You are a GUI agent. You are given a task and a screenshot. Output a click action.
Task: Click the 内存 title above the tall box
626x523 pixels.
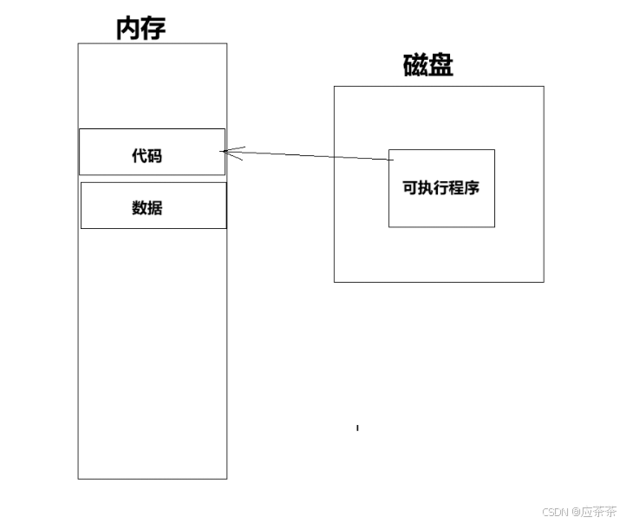(140, 28)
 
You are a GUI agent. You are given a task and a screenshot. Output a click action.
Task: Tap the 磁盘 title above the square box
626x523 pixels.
(427, 66)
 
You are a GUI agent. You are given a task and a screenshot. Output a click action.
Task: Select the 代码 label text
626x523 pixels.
(147, 156)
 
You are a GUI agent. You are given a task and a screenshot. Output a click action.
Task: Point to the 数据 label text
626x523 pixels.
(147, 207)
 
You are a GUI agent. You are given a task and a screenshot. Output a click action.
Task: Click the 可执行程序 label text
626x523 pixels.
(440, 188)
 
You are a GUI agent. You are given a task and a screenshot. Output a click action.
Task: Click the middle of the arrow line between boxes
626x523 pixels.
(305, 155)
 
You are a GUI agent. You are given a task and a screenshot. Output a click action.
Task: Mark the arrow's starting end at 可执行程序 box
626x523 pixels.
(388, 160)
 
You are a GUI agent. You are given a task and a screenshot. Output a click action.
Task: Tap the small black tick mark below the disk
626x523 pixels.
(357, 428)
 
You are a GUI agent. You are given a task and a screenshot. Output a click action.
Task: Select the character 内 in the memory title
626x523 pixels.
(128, 28)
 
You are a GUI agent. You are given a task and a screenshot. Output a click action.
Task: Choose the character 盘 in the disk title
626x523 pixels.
(440, 66)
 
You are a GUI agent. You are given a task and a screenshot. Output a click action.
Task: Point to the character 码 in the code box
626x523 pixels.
(154, 156)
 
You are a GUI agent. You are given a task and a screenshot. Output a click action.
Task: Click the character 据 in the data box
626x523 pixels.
(154, 207)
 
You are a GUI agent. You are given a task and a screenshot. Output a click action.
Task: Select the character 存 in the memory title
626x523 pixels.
(153, 28)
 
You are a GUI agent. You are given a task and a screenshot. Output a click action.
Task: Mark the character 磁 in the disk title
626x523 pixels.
(415, 66)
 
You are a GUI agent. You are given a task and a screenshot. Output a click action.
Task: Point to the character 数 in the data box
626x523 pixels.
(139, 207)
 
